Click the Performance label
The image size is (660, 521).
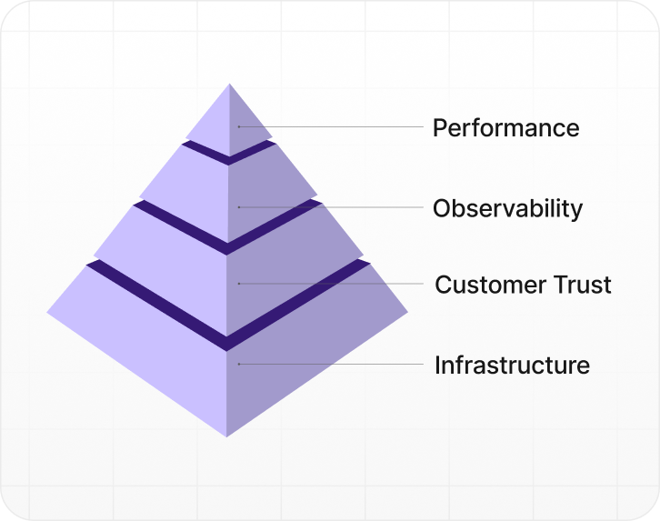click(x=505, y=127)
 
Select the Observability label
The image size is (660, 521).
click(x=507, y=208)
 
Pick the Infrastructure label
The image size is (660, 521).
click(x=512, y=366)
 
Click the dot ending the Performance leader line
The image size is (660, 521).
click(x=239, y=126)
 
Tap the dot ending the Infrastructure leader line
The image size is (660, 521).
click(x=239, y=365)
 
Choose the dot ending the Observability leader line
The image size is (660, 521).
click(x=239, y=207)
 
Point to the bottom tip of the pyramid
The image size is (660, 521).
click(x=227, y=436)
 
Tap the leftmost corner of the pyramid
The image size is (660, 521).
click(x=48, y=312)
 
